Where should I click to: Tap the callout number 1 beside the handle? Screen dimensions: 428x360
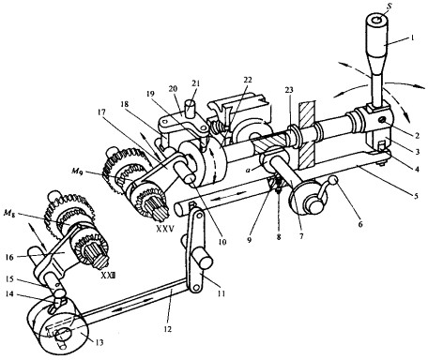point(412,38)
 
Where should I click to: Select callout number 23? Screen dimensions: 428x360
point(289,90)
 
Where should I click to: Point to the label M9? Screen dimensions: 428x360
point(77,171)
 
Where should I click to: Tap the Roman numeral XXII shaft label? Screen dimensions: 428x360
point(108,276)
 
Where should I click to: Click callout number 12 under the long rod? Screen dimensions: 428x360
point(168,329)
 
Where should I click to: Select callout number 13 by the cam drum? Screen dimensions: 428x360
point(99,342)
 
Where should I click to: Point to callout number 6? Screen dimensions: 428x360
point(360,224)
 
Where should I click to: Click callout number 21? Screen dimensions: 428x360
point(196,83)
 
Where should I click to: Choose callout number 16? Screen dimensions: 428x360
point(9,257)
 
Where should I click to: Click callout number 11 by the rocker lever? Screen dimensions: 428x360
point(221,294)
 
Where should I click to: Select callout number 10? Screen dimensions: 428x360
point(222,242)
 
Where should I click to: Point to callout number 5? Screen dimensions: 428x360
point(416,197)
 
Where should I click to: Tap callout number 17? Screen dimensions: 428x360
point(102,112)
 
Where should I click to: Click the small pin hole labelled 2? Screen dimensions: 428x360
point(381,119)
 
